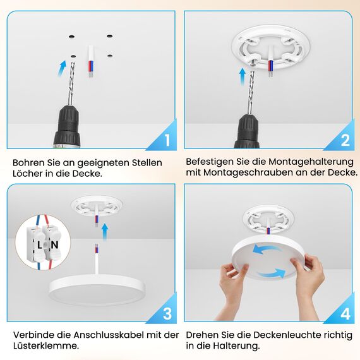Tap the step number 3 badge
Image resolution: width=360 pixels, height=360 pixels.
167,313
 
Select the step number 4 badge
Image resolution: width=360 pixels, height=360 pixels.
345,313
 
